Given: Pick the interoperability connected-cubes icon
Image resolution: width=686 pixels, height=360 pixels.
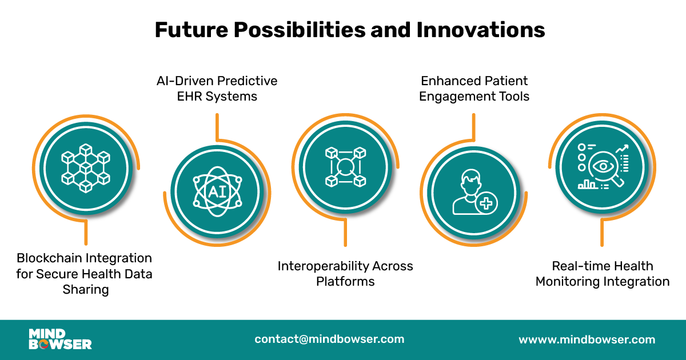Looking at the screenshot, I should (345, 166).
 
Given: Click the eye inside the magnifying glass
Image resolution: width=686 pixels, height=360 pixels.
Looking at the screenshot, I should (604, 167).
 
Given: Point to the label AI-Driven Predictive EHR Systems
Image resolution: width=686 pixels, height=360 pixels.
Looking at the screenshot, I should (217, 88).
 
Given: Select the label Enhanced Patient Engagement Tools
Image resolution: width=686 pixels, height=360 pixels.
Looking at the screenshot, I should (474, 88).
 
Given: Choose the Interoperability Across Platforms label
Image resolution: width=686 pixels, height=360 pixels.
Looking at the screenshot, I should (345, 273).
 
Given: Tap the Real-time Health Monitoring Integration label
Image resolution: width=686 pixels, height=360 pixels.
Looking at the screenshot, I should (603, 273).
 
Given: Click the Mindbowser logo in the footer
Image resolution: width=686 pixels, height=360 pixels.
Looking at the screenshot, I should (60, 339).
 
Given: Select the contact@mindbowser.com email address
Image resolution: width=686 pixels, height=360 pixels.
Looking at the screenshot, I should (329, 339).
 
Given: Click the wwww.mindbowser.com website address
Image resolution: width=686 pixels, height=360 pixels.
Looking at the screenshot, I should (587, 339).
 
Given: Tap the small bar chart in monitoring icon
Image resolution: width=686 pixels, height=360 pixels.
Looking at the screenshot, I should (587, 184).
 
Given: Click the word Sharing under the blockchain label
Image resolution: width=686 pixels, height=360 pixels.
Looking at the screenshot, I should (86, 289).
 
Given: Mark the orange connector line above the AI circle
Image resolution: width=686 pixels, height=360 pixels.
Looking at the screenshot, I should (217, 127).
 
